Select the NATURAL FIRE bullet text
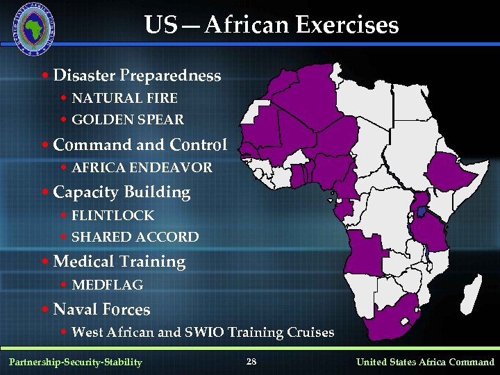[x=124, y=99]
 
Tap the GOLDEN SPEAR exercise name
[x=128, y=120]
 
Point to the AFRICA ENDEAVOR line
[x=142, y=168]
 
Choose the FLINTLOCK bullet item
[x=112, y=216]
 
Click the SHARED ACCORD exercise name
[x=135, y=237]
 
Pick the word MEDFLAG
[x=107, y=285]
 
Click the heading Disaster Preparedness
[x=137, y=75]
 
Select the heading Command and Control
[x=140, y=145]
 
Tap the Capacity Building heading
[x=122, y=192]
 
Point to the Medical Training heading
[x=119, y=262]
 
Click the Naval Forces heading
[x=101, y=309]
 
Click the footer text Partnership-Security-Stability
[x=75, y=362]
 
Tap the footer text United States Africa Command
[x=425, y=362]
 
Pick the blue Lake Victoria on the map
[x=420, y=210]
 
